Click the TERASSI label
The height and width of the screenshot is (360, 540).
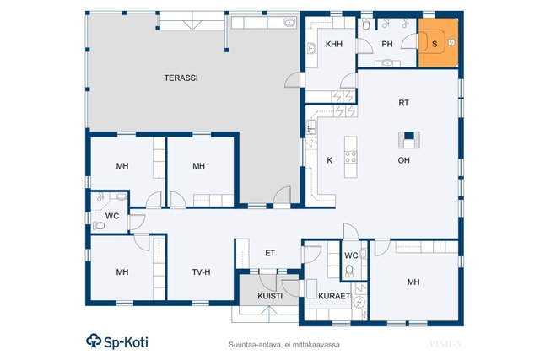pos(181,78)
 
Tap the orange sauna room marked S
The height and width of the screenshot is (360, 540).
pos(438,43)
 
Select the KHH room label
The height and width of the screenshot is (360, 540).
pos(334,44)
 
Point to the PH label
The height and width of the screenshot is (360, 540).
pos(387,44)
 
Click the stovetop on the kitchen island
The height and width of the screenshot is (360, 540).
pos(351,157)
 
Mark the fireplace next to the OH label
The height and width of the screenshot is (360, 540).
pos(408,140)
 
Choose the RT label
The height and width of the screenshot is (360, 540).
pos(403,103)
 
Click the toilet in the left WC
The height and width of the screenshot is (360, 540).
pos(99,226)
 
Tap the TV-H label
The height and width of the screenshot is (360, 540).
pos(201,272)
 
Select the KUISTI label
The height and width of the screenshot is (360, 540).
pos(270,296)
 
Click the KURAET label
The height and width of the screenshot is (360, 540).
pos(334,296)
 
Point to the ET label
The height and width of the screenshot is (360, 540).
pos(270,253)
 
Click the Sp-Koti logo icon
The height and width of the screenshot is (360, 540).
pos(94,341)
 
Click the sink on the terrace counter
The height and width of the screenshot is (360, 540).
pos(290,23)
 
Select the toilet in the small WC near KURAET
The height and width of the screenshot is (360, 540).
pos(349,271)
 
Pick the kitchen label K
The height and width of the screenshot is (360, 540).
pos(330,160)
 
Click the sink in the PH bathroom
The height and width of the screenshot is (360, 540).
pos(388,63)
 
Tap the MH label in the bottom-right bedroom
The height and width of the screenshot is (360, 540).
pos(413,282)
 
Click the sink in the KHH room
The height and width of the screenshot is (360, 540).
pos(311,49)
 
